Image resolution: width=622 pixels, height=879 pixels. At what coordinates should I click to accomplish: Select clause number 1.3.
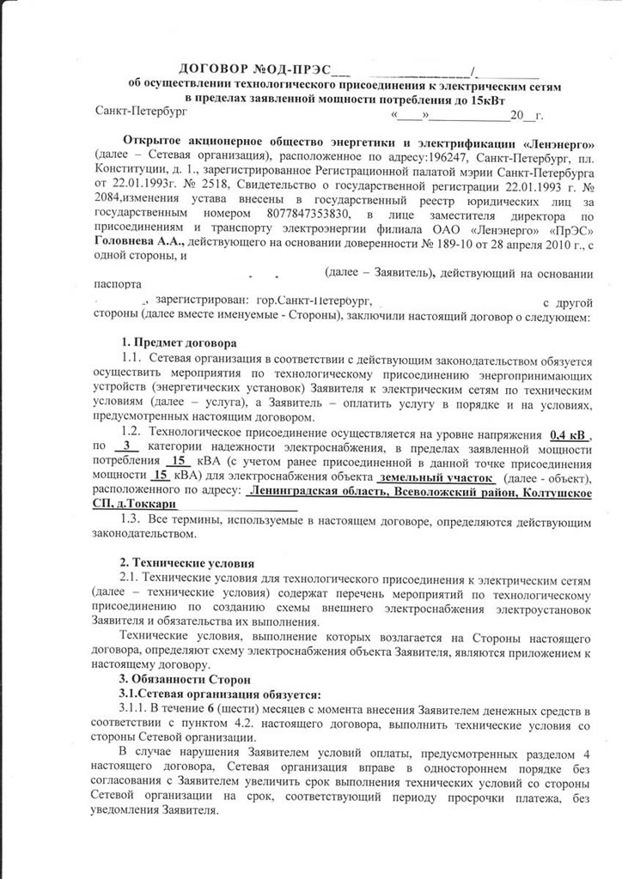coord(131,521)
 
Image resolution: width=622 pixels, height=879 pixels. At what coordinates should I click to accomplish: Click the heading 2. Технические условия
coord(186,563)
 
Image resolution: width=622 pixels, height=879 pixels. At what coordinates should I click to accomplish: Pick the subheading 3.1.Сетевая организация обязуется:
coord(219,694)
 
